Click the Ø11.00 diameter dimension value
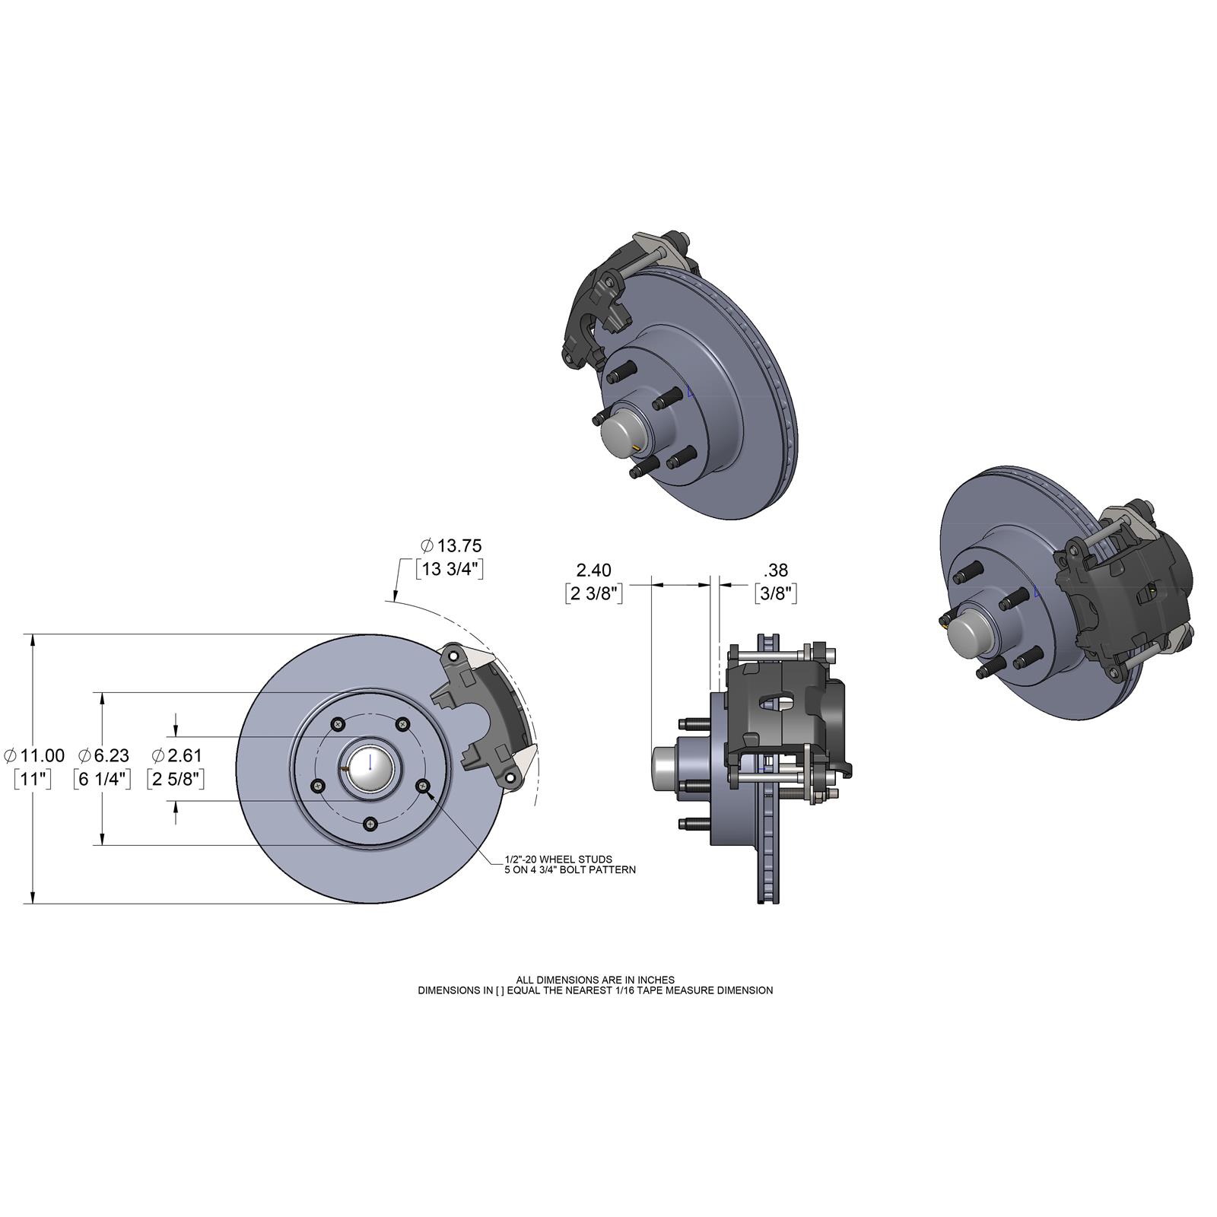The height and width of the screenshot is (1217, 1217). (x=35, y=755)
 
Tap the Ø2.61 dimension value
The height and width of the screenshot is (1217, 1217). (x=176, y=755)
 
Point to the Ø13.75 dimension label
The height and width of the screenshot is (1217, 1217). (x=451, y=545)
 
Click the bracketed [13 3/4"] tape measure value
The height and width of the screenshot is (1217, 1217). (x=449, y=569)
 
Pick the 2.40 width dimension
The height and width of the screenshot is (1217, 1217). (x=593, y=570)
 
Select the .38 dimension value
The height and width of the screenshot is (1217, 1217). (x=775, y=570)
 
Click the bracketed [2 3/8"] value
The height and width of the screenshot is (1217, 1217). (x=594, y=593)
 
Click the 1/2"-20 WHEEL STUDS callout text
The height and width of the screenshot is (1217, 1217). (x=558, y=859)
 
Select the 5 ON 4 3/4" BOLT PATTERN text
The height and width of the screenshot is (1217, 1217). (x=570, y=869)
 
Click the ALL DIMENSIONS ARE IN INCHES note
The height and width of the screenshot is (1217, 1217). (x=595, y=980)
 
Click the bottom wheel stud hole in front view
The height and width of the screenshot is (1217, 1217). (x=370, y=823)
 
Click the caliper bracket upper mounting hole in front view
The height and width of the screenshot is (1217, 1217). (x=453, y=656)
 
